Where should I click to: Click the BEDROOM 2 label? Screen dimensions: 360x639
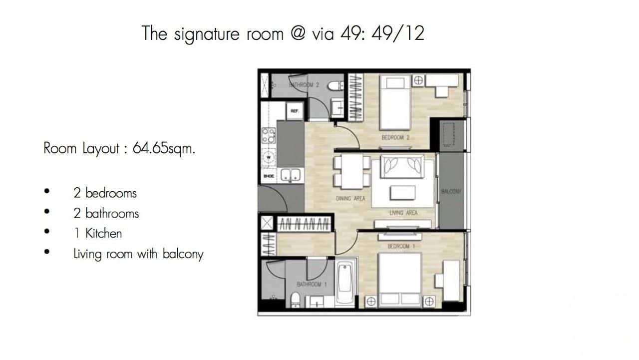(395, 137)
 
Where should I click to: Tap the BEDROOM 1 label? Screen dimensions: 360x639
(398, 246)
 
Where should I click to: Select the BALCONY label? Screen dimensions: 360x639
(450, 191)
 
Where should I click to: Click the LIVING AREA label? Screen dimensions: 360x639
(403, 213)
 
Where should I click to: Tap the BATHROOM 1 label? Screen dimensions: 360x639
(312, 285)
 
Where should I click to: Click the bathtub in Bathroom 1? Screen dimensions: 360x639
(345, 284)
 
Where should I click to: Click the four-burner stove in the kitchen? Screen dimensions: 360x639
(269, 134)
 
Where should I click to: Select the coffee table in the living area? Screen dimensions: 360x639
(405, 193)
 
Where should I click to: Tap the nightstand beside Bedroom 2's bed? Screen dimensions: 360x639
(418, 80)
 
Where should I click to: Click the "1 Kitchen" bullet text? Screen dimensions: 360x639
(97, 233)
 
